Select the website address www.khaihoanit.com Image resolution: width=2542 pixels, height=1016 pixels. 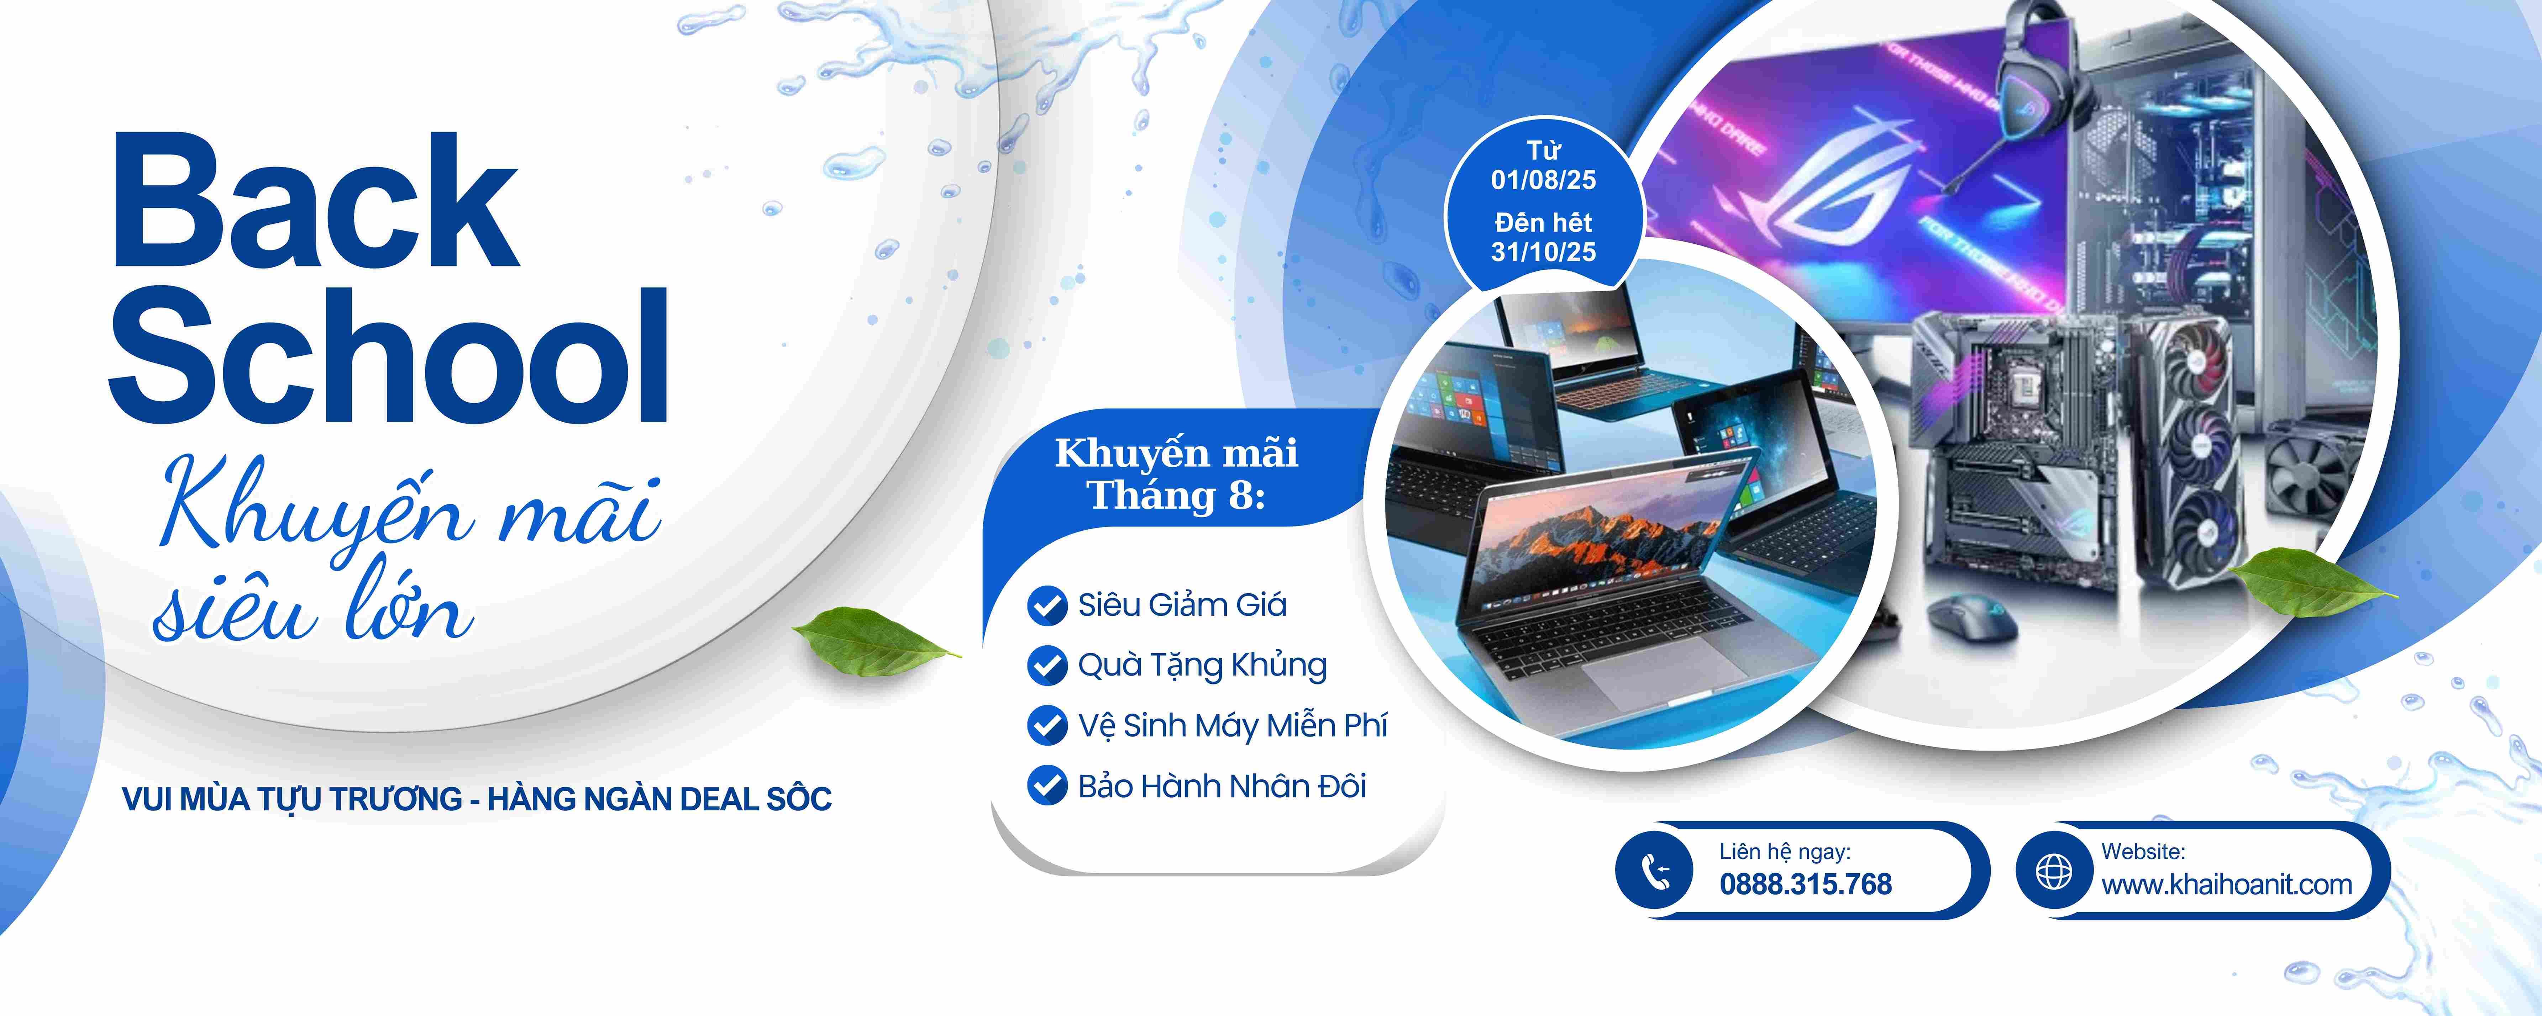pos(2226,885)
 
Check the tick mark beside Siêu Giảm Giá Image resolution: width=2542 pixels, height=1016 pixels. pos(1047,606)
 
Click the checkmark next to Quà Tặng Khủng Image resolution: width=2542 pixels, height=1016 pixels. pos(1047,666)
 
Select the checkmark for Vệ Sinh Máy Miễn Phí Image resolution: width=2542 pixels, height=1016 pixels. pos(1047,726)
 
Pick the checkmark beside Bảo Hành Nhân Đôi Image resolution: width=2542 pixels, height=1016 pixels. pos(1047,786)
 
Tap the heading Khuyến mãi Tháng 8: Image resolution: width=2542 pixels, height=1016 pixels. pos(1176,473)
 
